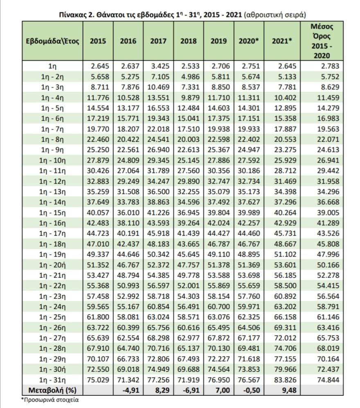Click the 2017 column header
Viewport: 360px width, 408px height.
point(158,41)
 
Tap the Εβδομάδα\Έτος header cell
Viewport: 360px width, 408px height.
point(52,41)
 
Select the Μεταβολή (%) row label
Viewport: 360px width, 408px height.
point(52,389)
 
